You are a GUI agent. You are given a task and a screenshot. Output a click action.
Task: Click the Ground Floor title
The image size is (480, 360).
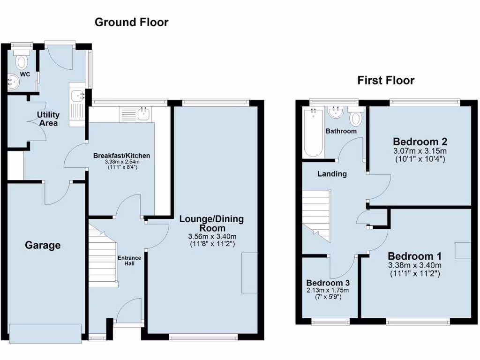click(x=131, y=22)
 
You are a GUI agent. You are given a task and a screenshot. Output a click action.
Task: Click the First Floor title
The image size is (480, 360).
click(x=386, y=81)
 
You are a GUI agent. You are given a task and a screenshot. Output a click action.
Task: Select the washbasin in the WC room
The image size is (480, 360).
click(x=13, y=82)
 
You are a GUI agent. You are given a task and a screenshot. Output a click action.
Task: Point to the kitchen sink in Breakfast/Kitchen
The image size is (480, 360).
click(x=142, y=113)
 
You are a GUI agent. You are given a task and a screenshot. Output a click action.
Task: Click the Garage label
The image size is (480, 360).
click(x=43, y=245)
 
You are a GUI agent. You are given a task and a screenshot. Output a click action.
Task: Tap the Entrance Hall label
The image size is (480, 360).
click(x=129, y=261)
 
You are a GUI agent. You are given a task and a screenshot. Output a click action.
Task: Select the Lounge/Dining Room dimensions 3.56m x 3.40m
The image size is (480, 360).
click(x=212, y=236)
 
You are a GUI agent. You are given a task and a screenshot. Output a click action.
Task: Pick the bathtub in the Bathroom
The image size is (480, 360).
click(x=313, y=133)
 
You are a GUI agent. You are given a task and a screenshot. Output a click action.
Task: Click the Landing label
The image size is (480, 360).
click(x=332, y=174)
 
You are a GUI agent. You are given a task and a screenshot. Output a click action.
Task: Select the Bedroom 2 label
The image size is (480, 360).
click(x=420, y=142)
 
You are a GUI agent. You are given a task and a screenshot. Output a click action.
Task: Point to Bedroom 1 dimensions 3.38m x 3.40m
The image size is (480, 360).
click(x=414, y=265)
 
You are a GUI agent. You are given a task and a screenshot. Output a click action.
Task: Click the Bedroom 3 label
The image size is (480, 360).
click(x=328, y=283)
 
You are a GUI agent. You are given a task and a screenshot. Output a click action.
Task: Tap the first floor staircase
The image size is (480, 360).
click(x=316, y=213)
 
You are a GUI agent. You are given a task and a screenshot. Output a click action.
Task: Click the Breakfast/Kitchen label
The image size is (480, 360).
click(x=121, y=156)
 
